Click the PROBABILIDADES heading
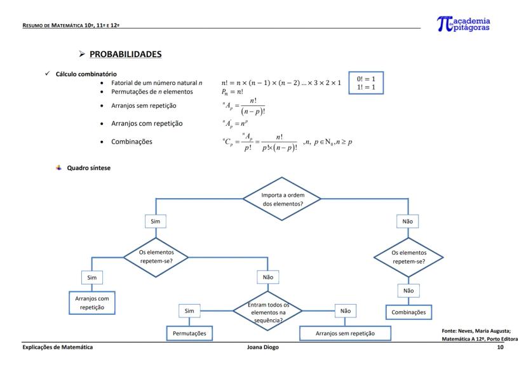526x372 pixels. pos(125,54)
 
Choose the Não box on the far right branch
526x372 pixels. pos(407,222)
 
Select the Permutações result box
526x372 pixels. pos(189,333)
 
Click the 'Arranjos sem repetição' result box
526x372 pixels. pos(345,333)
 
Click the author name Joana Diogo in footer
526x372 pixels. pos(262,347)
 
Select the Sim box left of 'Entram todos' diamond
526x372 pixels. pos(189,311)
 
